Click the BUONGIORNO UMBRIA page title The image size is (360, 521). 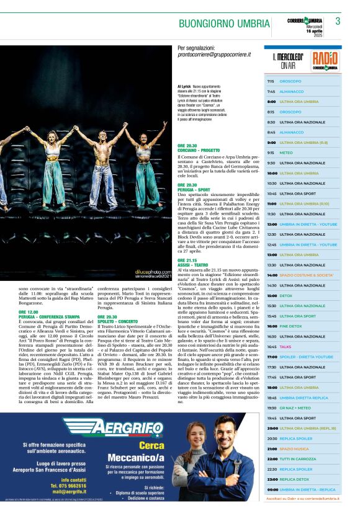pyautogui.click(x=224, y=24)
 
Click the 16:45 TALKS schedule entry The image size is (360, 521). pyautogui.click(x=285, y=347)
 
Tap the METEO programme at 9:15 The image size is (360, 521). pyautogui.click(x=286, y=152)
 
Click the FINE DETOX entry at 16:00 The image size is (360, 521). pyautogui.click(x=290, y=326)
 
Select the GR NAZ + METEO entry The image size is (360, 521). pyautogui.click(x=293, y=407)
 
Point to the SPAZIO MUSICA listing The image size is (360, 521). pyautogui.click(x=294, y=448)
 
